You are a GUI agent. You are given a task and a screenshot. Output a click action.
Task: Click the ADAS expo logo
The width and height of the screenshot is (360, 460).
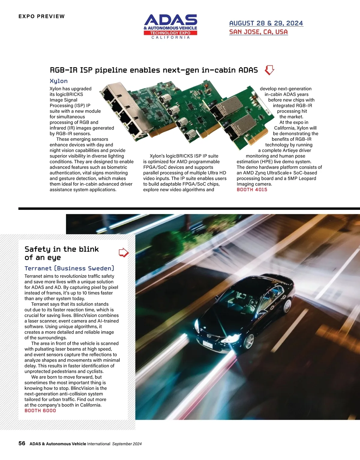pos(170,26)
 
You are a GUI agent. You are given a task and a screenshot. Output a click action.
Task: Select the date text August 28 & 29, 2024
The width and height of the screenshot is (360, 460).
pos(266,23)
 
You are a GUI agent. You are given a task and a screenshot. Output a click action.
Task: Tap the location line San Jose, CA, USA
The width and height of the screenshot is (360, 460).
pos(258,32)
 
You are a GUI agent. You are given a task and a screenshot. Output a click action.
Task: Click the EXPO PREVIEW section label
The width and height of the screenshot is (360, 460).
pos(41,16)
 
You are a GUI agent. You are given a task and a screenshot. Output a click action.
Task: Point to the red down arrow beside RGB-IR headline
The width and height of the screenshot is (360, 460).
pos(269,70)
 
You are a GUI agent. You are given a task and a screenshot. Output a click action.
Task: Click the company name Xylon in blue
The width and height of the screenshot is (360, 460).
pos(58,81)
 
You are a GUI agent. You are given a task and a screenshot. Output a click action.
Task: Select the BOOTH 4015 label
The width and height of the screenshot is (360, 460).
pos(252,190)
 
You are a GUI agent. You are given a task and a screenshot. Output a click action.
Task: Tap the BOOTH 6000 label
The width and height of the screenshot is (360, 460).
pos(40,411)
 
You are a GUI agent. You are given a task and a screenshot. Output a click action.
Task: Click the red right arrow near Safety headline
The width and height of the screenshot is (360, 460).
pos(124,253)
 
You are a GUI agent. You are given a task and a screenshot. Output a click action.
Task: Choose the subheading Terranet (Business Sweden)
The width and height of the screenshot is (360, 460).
pos(69,268)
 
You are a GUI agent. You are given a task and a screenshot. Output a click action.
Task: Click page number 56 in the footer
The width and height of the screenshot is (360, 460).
pos(22,443)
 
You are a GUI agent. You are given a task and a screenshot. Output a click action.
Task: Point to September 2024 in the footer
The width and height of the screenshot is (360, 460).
pos(127,444)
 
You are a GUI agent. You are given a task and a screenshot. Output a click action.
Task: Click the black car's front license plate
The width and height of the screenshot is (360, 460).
pos(208,343)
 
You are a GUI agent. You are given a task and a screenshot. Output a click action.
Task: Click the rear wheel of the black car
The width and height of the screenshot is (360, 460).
pos(287,306)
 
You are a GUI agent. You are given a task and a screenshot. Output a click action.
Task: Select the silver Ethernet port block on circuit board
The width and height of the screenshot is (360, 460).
pos(121,111)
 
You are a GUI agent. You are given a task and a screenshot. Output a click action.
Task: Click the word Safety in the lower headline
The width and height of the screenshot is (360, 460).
pos(37,249)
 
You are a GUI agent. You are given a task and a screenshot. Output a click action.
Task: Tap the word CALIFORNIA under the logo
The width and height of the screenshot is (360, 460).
pos(170,37)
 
